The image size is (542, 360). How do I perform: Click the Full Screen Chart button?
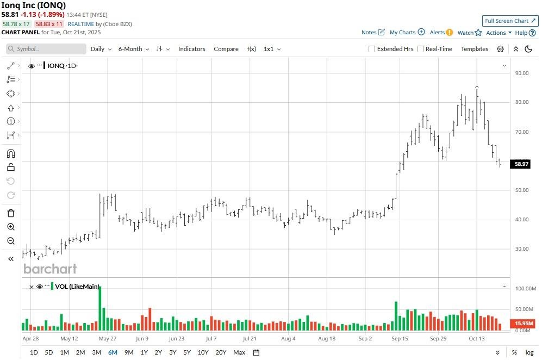point(510,21)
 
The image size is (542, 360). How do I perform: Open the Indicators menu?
point(192,49)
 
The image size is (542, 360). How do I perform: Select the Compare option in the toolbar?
point(226,49)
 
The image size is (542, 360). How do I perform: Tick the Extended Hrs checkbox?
point(372,49)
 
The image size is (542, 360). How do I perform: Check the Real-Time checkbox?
point(421,49)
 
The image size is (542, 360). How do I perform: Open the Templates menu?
point(475,49)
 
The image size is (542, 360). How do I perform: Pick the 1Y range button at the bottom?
point(144,352)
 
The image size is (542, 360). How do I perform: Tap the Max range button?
point(239,352)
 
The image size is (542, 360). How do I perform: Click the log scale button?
point(529,352)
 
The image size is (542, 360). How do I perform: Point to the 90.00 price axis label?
point(522,73)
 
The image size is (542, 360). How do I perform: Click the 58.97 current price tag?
point(521,164)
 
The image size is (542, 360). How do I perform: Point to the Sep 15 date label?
point(400,338)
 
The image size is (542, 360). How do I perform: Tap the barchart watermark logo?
point(50,269)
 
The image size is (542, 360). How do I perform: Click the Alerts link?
point(441,33)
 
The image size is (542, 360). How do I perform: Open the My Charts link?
point(407,33)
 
